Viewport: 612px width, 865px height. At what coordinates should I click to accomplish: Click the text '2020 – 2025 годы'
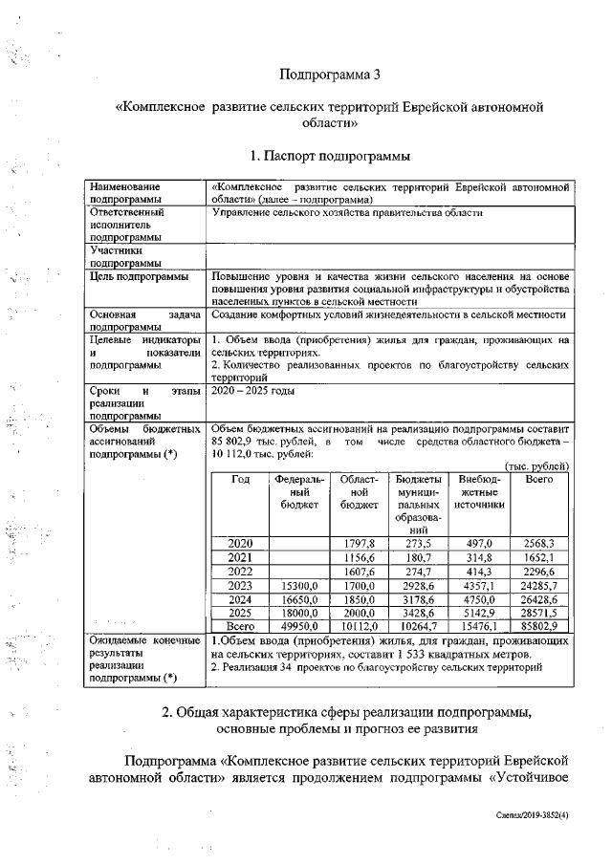pos(253,391)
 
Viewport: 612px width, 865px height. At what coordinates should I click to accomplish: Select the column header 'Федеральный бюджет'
pos(299,490)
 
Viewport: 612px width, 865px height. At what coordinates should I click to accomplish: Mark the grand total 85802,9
pos(539,625)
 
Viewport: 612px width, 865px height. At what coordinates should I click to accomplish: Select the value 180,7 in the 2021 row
pos(417,557)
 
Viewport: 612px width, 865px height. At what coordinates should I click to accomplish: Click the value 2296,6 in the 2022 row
pos(539,571)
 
